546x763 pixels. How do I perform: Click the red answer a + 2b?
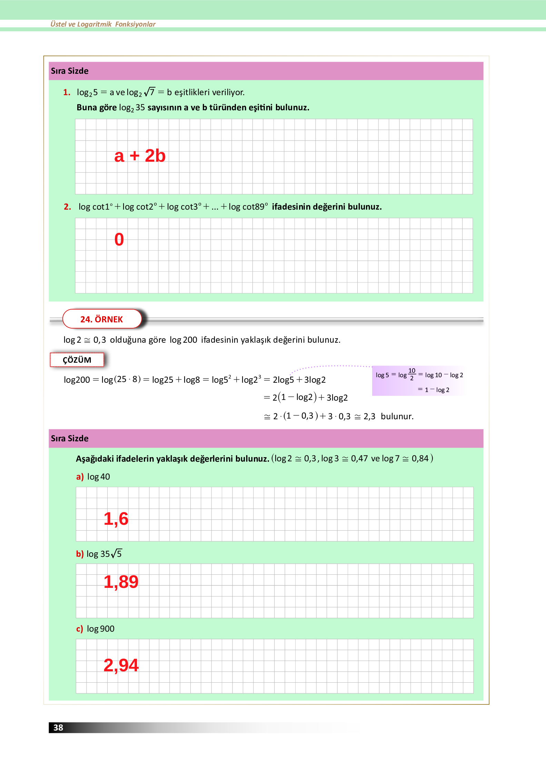pos(140,156)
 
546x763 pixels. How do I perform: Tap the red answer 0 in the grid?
pos(119,239)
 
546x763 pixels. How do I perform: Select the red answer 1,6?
pos(116,519)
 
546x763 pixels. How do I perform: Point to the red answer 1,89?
pos(121,582)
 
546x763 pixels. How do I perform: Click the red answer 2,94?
pos(121,665)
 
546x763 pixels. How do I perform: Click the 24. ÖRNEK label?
pos(102,319)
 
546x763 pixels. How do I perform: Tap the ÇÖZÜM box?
pos(77,360)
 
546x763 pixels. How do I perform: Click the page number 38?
pos(58,727)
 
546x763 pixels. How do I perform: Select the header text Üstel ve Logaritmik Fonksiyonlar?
pos(103,24)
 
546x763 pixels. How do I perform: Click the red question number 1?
pos(67,92)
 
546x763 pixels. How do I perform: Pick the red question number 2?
pos(67,207)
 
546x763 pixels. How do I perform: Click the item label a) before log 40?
pos(80,477)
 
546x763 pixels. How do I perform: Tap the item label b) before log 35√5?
pos(80,554)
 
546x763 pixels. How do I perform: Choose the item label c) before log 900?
pos(79,629)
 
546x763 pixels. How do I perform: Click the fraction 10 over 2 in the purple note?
pos(412,374)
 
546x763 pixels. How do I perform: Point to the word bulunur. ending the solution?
pos(397,416)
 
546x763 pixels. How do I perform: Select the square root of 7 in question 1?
pos(150,92)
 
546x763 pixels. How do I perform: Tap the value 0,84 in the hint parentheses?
pos(420,459)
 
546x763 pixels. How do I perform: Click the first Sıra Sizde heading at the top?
pos(70,71)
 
